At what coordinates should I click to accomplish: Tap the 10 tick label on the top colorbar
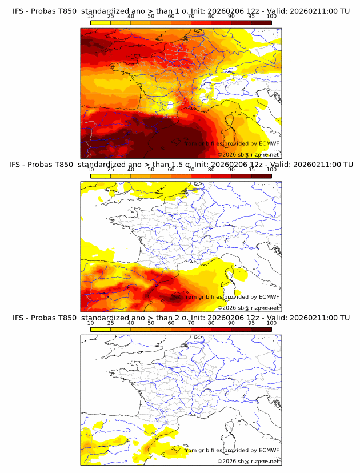pos(91,17)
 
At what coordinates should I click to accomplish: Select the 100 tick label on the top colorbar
pos(271,17)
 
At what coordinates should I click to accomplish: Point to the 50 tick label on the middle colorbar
pos(151,170)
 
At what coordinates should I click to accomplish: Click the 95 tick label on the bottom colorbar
pos(251,323)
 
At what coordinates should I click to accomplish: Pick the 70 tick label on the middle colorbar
pos(191,170)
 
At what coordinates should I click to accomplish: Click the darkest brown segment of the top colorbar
pos(262,22)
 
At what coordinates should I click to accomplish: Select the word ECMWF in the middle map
pos(269,297)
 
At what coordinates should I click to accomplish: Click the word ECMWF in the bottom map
pos(269,450)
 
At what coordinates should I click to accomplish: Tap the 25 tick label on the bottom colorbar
pos(111,323)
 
